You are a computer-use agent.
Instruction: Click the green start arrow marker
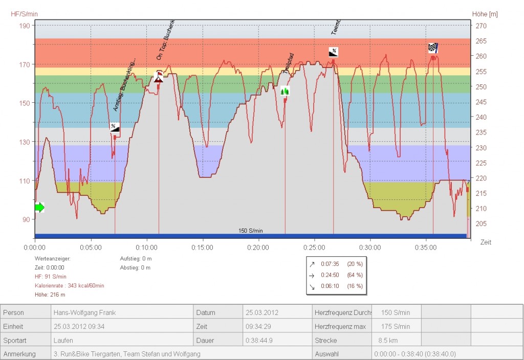[39, 207]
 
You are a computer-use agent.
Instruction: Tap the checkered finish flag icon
[433, 48]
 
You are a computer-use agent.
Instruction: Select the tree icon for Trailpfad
[285, 91]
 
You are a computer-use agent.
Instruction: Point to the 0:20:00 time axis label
[258, 247]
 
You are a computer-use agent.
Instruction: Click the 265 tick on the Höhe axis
[482, 41]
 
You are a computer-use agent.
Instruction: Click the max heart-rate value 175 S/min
[395, 326]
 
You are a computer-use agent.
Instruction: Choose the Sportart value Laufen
[63, 340]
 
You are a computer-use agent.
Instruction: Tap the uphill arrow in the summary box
[312, 264]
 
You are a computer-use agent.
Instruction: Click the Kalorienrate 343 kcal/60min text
[69, 285]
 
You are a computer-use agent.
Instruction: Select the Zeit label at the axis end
[486, 242]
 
